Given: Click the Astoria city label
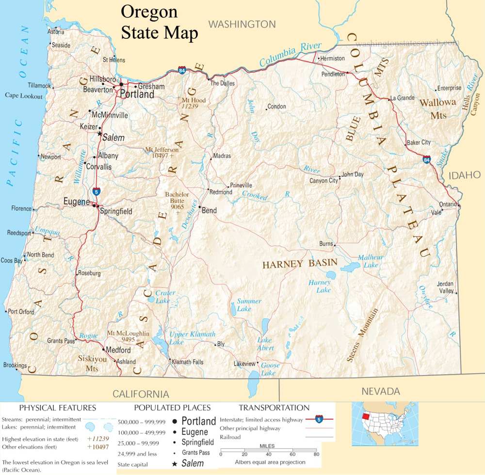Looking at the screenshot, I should (x=56, y=32).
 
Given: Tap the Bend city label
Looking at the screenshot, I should (x=209, y=210).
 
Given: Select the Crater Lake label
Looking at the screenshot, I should (x=164, y=297).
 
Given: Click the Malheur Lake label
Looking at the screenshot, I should (x=371, y=261).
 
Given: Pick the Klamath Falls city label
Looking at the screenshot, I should (x=187, y=362).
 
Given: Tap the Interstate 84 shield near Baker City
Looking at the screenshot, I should (x=426, y=159).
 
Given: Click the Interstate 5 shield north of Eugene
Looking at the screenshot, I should (x=97, y=191).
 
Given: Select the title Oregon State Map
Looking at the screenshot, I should (x=159, y=23).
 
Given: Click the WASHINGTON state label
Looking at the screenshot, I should (x=242, y=24).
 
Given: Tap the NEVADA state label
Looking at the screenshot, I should (x=381, y=391).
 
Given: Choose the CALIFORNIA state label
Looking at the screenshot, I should (x=141, y=394).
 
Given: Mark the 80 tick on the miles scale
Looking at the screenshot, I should (x=316, y=454).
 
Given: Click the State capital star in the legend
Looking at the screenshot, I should (x=175, y=464).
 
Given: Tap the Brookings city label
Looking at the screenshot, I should (x=15, y=365).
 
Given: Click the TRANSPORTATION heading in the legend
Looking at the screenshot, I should (x=274, y=408).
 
